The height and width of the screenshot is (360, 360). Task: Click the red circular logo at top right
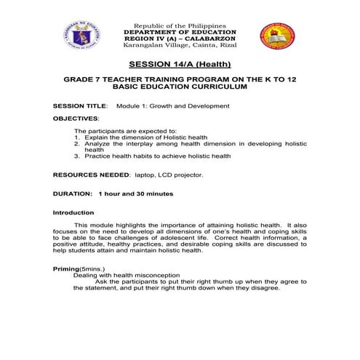tap(278, 35)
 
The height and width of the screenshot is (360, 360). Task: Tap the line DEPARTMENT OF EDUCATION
tap(180, 33)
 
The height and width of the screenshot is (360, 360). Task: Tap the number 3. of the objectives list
tap(77, 156)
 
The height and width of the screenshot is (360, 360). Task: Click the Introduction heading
tap(73, 212)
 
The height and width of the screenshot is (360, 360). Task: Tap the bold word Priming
tap(66, 269)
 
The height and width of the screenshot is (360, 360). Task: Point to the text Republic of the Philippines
tap(180, 26)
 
